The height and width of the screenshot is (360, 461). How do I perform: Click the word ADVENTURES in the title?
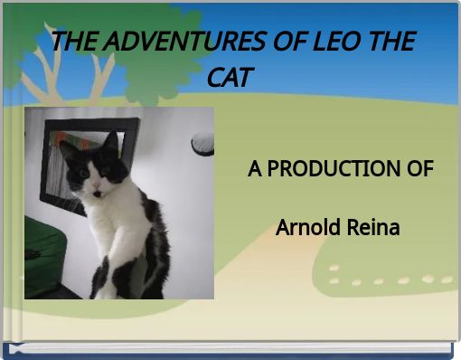(172, 43)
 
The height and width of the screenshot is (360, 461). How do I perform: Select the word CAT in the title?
(230, 77)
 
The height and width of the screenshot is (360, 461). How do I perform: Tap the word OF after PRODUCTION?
(420, 169)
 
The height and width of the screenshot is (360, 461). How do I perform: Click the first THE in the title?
(76, 43)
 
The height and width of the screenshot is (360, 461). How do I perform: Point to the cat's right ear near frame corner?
(111, 140)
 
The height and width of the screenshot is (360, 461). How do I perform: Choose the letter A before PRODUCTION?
(255, 169)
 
